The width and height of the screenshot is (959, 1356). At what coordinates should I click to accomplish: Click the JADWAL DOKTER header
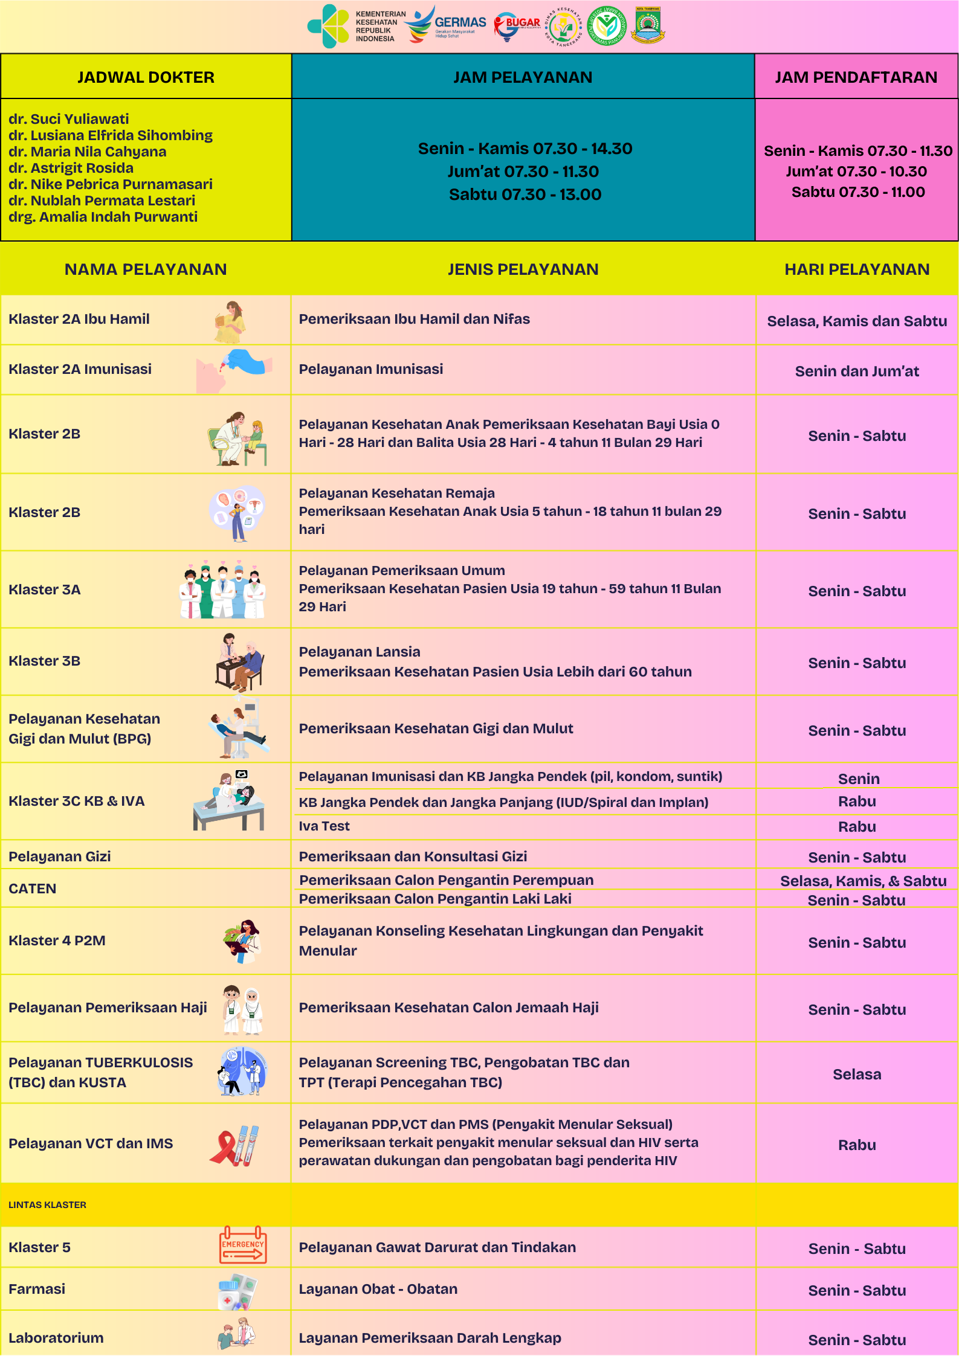coord(146,77)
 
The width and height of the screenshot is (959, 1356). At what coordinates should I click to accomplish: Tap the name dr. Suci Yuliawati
coord(69,119)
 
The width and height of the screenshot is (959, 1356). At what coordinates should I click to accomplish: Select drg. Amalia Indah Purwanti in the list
coord(103,217)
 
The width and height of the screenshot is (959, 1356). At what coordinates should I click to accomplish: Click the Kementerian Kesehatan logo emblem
coord(329,26)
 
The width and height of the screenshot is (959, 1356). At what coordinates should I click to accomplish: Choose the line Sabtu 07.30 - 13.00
coord(525,194)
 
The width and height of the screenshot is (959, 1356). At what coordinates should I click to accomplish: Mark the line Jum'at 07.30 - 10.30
coord(856,172)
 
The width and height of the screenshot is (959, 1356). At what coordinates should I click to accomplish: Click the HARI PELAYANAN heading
coord(856,269)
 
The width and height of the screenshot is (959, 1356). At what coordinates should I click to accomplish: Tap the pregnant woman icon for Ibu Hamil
coord(230,321)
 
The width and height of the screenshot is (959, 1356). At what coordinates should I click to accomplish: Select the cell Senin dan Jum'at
coord(856,371)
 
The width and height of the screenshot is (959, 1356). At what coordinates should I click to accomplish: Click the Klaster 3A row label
coord(45,590)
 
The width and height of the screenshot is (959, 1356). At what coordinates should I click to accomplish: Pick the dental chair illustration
coord(239,729)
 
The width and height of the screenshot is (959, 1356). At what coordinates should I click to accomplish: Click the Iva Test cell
coord(325,826)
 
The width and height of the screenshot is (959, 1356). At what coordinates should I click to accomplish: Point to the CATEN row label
coord(33,888)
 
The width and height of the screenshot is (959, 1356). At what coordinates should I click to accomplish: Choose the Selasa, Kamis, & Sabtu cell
coord(863,881)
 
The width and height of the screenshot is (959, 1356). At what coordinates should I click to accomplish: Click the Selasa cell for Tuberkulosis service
coord(856,1075)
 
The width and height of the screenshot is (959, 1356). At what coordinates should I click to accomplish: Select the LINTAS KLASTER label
coord(48,1204)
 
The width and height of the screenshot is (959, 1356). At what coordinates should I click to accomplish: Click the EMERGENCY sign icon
coord(242,1245)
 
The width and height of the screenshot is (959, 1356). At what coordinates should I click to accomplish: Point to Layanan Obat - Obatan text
coord(378,1289)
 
